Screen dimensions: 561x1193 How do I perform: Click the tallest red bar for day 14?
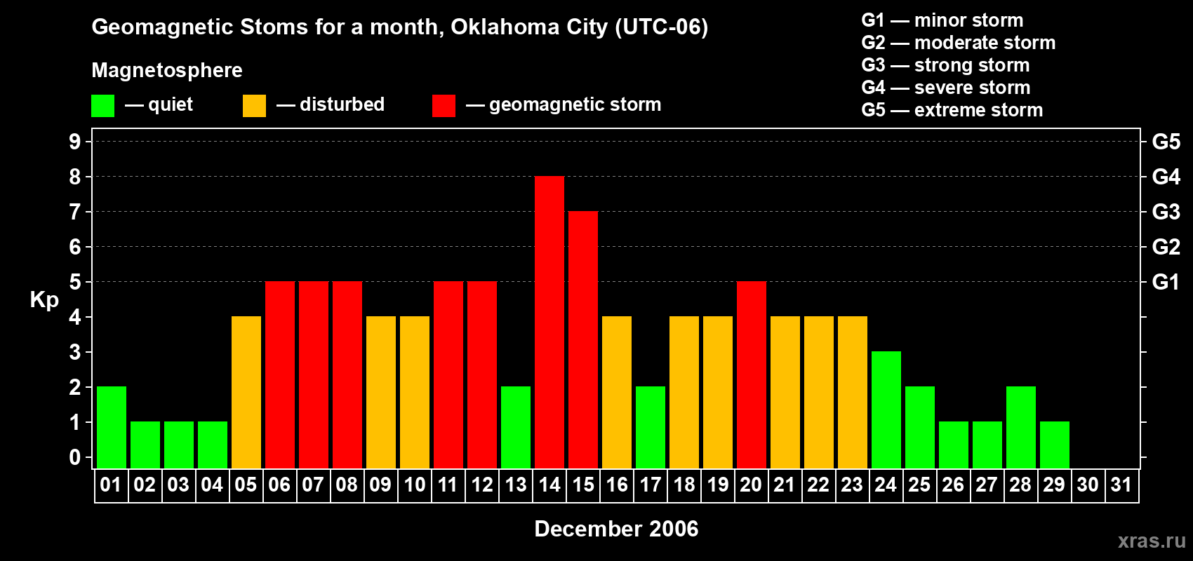[x=549, y=323]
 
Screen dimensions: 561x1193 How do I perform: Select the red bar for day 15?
[x=582, y=340]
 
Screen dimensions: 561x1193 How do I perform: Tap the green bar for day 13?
[x=515, y=428]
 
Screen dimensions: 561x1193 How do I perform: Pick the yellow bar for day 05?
[x=246, y=393]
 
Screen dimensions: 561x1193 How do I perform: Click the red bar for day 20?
[x=751, y=375]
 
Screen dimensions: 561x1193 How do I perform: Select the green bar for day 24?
[x=886, y=410]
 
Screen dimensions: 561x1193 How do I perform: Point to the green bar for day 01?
[x=111, y=428]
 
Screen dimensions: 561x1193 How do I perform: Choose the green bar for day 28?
[x=1020, y=428]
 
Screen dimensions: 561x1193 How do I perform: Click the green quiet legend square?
[x=102, y=106]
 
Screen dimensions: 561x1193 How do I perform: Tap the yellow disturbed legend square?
[x=254, y=106]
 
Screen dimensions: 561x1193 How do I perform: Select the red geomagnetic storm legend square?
[x=444, y=106]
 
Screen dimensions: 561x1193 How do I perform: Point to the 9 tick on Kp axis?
[x=75, y=142]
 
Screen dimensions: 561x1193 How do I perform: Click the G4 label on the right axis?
[x=1166, y=177]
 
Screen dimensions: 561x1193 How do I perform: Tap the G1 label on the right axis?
[x=1166, y=282]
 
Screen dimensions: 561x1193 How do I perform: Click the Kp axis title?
[x=44, y=300]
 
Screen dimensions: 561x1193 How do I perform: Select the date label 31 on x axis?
[x=1121, y=485]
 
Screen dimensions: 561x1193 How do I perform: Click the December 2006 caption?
[x=616, y=529]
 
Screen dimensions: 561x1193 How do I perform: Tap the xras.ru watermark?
[x=1151, y=541]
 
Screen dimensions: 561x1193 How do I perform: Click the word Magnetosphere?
[x=167, y=70]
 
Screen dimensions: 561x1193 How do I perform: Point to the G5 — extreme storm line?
[x=952, y=110]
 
